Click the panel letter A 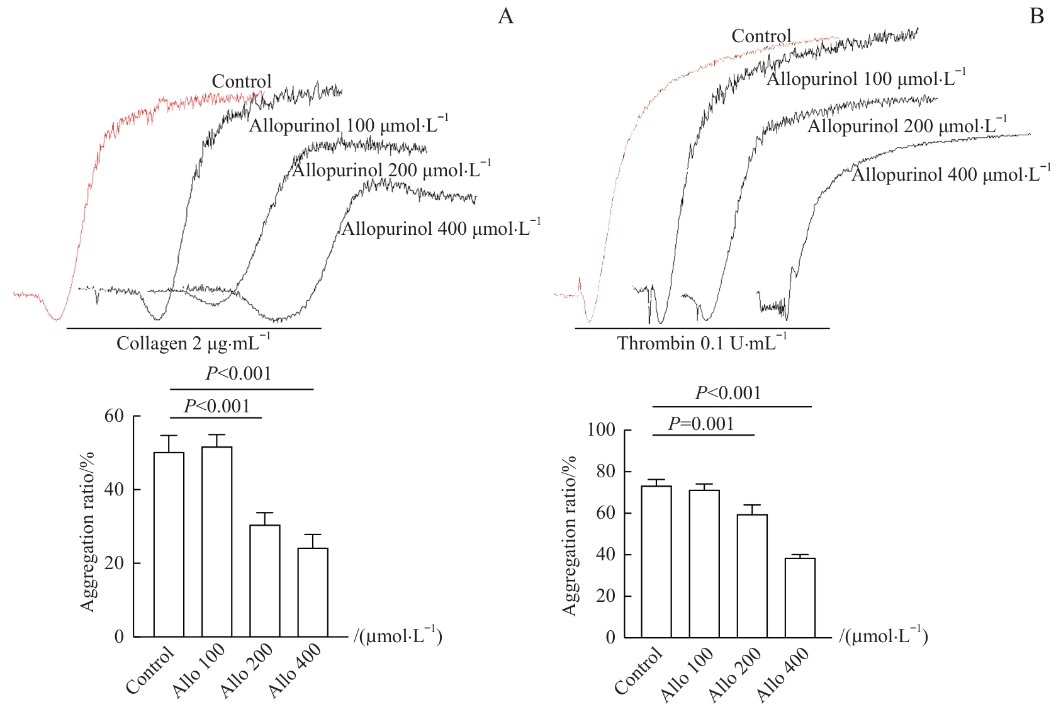(505, 16)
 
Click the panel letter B (1036, 16)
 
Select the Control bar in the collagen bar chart (169, 545)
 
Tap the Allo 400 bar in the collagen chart (313, 592)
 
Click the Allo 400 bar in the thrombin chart (800, 597)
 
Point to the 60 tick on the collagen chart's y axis (114, 416)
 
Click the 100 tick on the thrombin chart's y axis (601, 430)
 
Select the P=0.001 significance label (701, 424)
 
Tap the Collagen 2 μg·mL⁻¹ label (193, 343)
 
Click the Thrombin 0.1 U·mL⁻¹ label (702, 343)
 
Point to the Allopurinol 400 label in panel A (441, 228)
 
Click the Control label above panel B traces (761, 37)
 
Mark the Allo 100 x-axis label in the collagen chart (199, 670)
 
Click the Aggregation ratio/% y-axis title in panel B (570, 535)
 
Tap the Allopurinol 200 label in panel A (391, 170)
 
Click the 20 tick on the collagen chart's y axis (114, 563)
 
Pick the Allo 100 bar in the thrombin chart (704, 563)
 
